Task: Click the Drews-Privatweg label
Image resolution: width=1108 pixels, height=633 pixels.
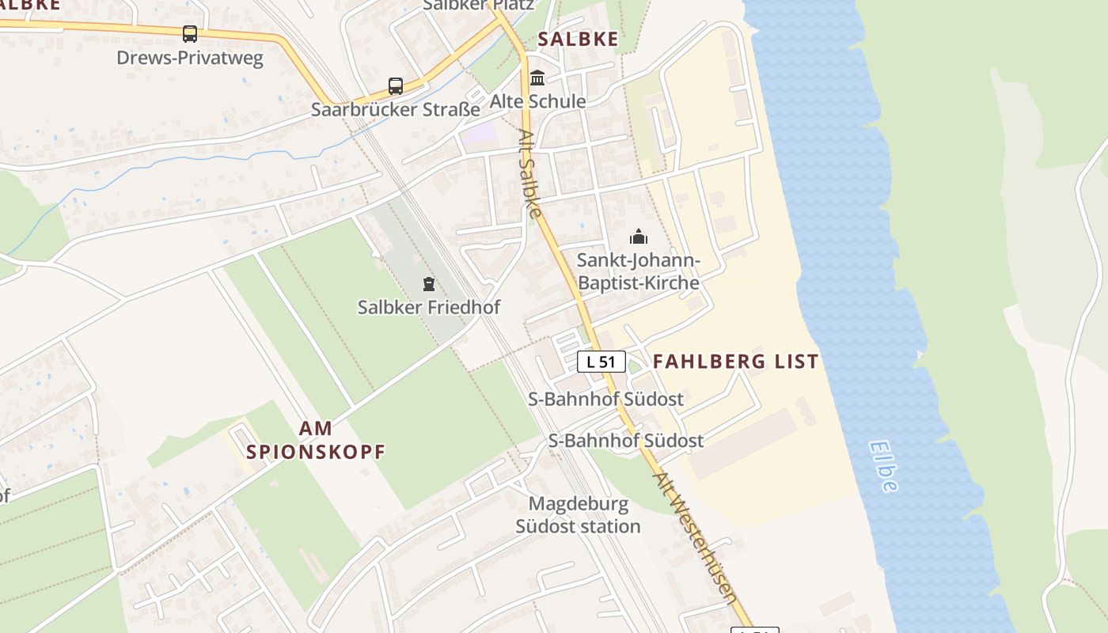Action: pyautogui.click(x=190, y=58)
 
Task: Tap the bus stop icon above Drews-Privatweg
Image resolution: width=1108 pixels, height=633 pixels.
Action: pyautogui.click(x=190, y=34)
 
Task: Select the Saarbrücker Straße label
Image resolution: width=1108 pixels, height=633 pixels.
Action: pyautogui.click(x=395, y=109)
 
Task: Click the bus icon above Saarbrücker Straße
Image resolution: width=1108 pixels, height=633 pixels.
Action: pyautogui.click(x=395, y=86)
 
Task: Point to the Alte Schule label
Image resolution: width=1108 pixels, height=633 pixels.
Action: pyautogui.click(x=537, y=101)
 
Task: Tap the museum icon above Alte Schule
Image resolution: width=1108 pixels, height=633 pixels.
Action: pyautogui.click(x=538, y=78)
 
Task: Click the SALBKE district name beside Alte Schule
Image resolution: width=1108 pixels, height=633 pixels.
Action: pyautogui.click(x=578, y=39)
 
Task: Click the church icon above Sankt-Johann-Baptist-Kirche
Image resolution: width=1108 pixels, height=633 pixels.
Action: pyautogui.click(x=638, y=237)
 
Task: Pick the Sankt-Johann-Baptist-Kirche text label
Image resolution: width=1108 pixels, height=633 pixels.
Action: pyautogui.click(x=638, y=271)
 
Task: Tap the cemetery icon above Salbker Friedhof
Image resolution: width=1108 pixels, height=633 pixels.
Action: pyautogui.click(x=429, y=284)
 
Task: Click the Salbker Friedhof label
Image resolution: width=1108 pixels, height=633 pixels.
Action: pyautogui.click(x=429, y=307)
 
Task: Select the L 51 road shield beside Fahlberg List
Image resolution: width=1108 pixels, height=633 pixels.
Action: pyautogui.click(x=601, y=362)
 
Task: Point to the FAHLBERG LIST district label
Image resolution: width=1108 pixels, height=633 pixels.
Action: pyautogui.click(x=735, y=362)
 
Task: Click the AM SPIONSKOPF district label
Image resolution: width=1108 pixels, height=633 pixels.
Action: pyautogui.click(x=316, y=440)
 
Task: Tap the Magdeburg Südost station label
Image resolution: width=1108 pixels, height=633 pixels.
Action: pyautogui.click(x=579, y=514)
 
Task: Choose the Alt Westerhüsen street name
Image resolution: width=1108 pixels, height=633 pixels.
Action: pyautogui.click(x=696, y=538)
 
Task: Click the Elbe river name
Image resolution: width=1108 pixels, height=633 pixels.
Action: pyautogui.click(x=883, y=467)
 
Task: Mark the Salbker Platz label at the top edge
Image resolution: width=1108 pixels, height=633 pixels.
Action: pyautogui.click(x=478, y=5)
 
